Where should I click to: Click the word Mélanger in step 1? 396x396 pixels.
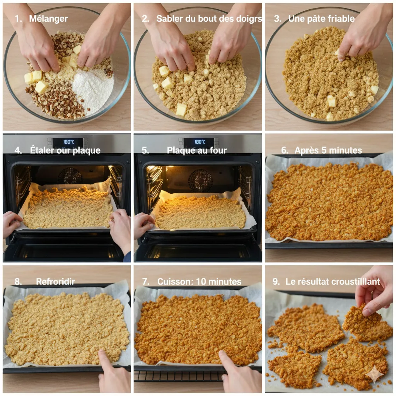(x=48, y=19)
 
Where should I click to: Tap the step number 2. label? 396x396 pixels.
(x=145, y=19)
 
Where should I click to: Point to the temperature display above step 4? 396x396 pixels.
(x=69, y=142)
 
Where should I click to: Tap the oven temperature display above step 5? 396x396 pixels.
(x=200, y=142)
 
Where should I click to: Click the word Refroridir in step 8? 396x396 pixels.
(x=55, y=282)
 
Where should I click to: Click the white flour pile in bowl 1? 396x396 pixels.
(x=93, y=89)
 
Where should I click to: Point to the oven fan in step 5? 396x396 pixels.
(x=200, y=180)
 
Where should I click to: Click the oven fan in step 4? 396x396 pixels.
(x=70, y=176)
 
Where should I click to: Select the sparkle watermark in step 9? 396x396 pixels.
(x=374, y=374)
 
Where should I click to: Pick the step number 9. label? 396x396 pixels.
(x=276, y=282)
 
